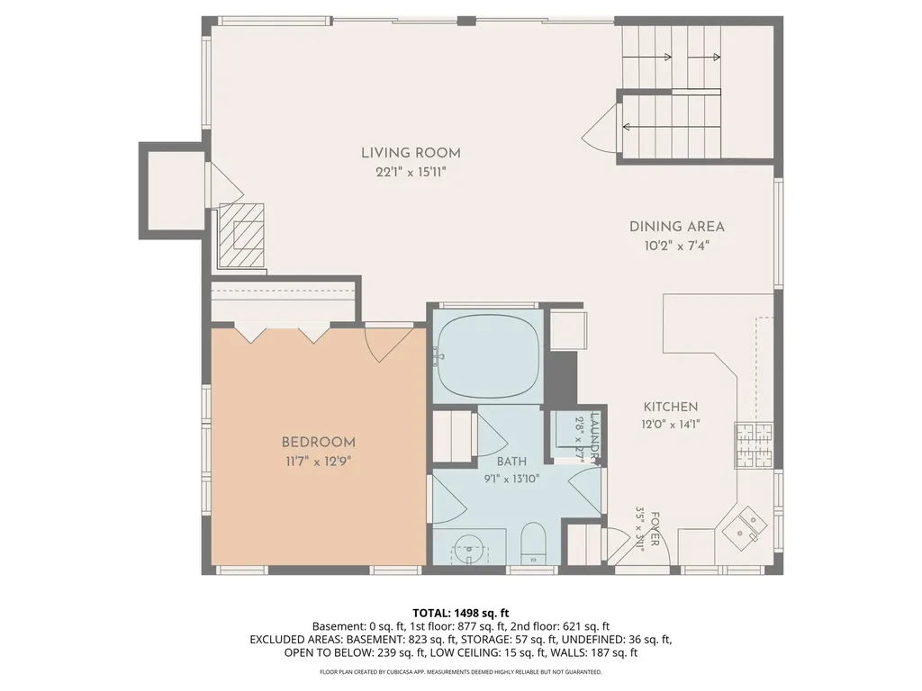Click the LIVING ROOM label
(411, 153)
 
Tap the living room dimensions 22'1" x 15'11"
(411, 172)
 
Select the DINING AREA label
(677, 227)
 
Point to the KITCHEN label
(670, 407)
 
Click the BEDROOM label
(318, 443)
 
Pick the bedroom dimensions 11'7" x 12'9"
(318, 462)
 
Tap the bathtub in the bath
(489, 356)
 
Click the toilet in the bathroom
(534, 543)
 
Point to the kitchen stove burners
(754, 445)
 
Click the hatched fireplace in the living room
(241, 236)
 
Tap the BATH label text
(511, 462)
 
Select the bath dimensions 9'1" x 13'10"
(511, 479)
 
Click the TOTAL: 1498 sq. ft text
(460, 614)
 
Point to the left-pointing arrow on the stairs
(671, 126)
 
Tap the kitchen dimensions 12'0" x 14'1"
(670, 425)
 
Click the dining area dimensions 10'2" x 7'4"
(677, 246)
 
